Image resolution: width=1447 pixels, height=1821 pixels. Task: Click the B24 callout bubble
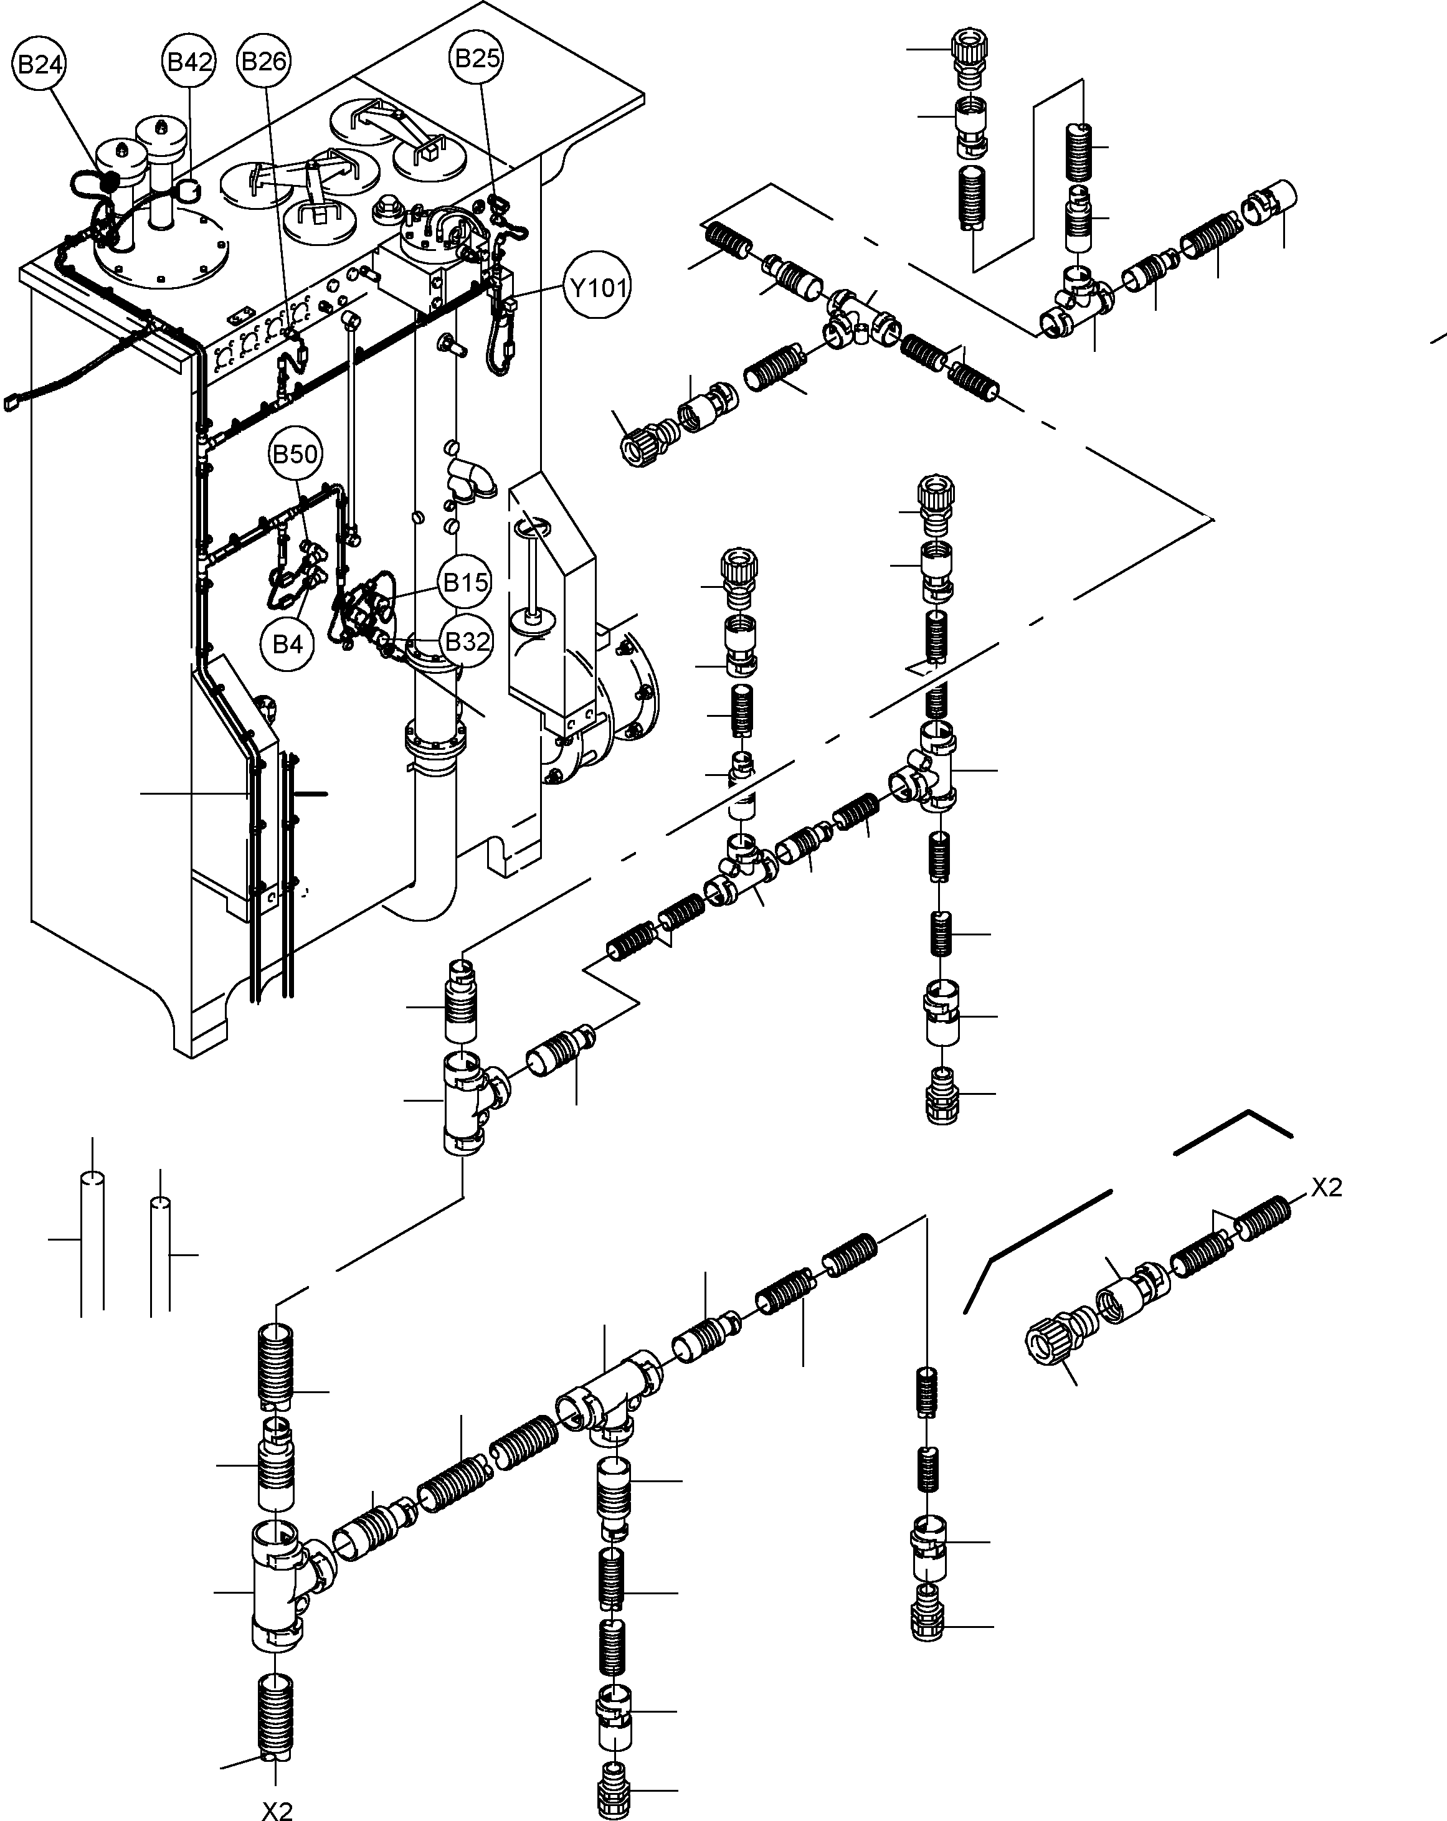click(x=40, y=65)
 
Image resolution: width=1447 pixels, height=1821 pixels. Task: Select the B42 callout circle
click(x=189, y=62)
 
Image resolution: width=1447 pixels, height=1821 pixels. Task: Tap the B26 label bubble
click(x=263, y=62)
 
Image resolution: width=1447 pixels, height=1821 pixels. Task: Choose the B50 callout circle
click(x=295, y=455)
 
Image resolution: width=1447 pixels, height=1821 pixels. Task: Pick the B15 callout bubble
click(x=465, y=582)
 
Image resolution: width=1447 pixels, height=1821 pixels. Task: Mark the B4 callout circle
click(x=287, y=645)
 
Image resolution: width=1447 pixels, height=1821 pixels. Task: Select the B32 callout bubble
click(x=467, y=642)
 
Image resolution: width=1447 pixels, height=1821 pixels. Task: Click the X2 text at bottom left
click(x=277, y=1810)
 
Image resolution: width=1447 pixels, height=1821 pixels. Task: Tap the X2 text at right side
click(x=1326, y=1188)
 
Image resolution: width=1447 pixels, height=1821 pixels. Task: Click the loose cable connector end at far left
click(x=11, y=403)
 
